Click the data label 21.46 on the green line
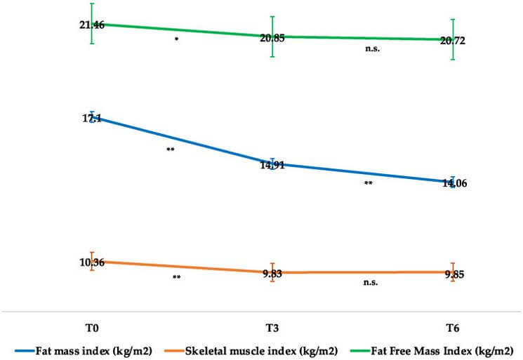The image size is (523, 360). click(92, 25)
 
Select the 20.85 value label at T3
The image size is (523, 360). click(272, 38)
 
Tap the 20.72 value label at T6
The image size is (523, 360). click(452, 41)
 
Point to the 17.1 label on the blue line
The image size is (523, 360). click(92, 119)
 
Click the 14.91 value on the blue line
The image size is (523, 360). click(272, 166)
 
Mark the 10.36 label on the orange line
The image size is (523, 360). click(92, 262)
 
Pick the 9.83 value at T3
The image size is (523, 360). click(272, 274)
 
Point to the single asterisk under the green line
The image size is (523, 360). click(177, 41)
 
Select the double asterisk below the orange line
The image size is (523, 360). click(177, 278)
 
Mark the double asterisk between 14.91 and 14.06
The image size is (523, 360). click(368, 185)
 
